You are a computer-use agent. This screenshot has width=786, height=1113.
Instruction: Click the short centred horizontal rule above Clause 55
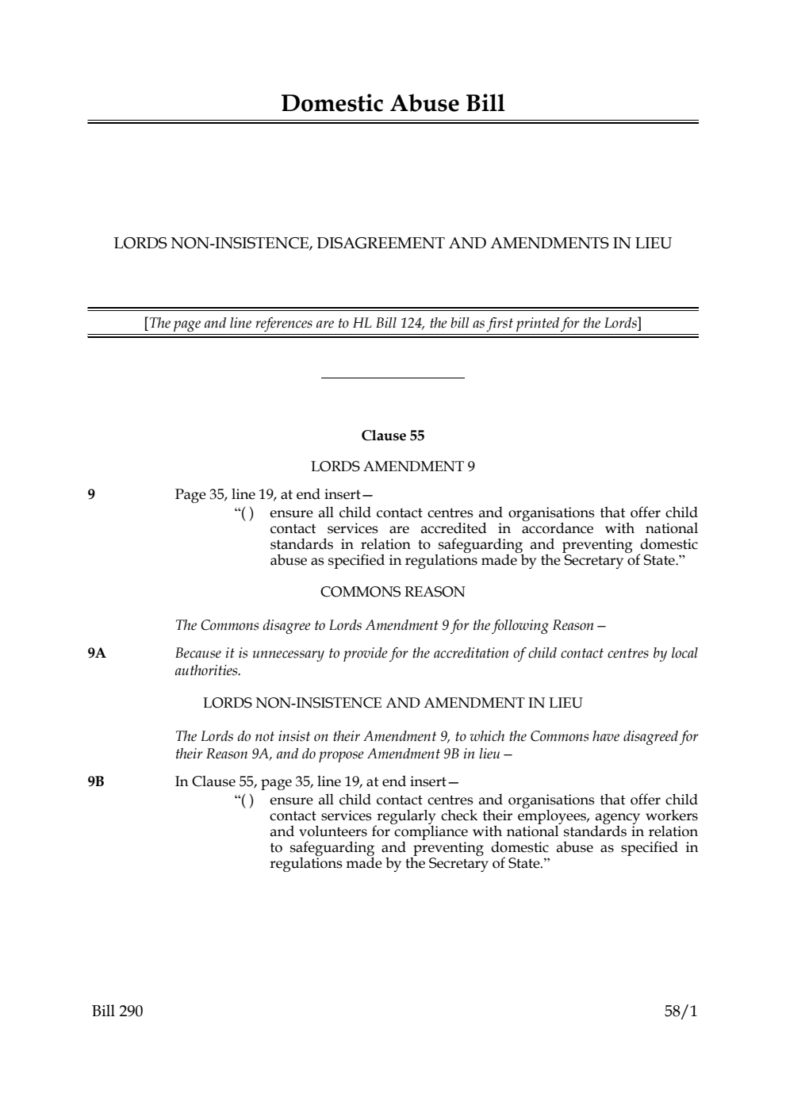[x=393, y=378]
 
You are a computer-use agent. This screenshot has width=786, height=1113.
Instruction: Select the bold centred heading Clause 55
[x=393, y=436]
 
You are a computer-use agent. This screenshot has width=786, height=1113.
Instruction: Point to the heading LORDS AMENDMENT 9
[x=393, y=466]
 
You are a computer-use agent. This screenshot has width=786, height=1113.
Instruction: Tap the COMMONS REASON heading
[x=393, y=592]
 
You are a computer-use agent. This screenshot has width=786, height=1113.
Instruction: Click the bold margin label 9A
[x=97, y=654]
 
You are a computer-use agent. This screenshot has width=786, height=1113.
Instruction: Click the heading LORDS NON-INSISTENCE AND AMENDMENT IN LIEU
[x=393, y=703]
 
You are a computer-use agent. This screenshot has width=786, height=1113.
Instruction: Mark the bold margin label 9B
[x=96, y=782]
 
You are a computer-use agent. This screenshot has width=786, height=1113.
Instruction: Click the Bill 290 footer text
[x=117, y=1011]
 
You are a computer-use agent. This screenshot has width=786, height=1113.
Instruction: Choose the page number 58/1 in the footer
[x=681, y=1011]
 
